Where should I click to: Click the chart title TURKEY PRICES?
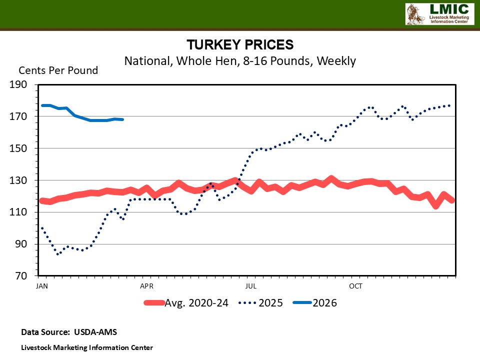(240, 45)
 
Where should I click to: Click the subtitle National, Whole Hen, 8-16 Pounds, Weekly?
(240, 61)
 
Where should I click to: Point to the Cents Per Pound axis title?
(58, 70)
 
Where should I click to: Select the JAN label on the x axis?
(42, 286)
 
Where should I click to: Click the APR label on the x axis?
(146, 286)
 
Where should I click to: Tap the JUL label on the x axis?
(251, 286)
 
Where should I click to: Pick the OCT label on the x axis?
(355, 286)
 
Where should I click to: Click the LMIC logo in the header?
(438, 14)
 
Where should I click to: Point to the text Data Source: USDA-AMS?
(69, 332)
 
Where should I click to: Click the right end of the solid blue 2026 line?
(122, 119)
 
